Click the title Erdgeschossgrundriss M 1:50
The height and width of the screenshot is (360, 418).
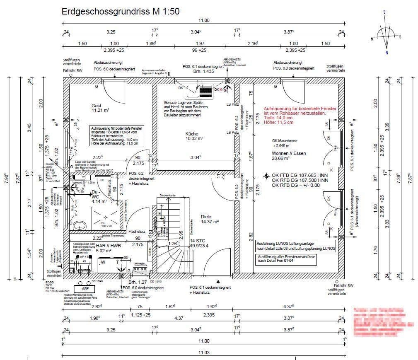coord(120,12)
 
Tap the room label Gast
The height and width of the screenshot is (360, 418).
coord(96,106)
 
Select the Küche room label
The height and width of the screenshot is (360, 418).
coord(192,134)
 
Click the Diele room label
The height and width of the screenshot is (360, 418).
coord(206,216)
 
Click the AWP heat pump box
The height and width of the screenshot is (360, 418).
coord(85,288)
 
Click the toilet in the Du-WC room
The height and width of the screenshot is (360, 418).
coord(79,225)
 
